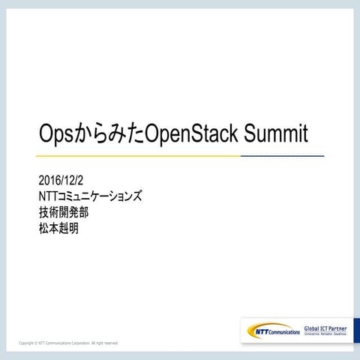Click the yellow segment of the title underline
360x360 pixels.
[x=135, y=155]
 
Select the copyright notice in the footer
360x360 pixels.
[x=68, y=343]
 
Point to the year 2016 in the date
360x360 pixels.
[x=48, y=181]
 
